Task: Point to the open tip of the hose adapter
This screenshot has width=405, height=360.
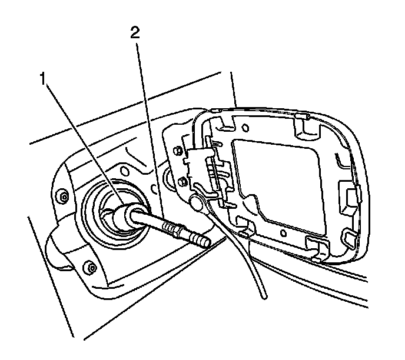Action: [206, 241]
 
